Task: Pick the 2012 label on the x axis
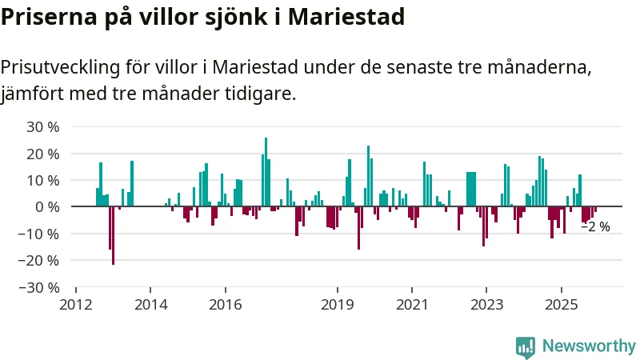(76, 304)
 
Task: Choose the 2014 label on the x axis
(150, 304)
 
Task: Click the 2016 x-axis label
(225, 304)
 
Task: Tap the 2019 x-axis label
(337, 304)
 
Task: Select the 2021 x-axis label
(412, 304)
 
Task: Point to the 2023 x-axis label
(486, 304)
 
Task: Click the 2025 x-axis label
(561, 304)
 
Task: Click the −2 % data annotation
(595, 227)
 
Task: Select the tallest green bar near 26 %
(266, 172)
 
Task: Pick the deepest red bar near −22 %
(113, 235)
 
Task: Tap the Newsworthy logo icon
(526, 346)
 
